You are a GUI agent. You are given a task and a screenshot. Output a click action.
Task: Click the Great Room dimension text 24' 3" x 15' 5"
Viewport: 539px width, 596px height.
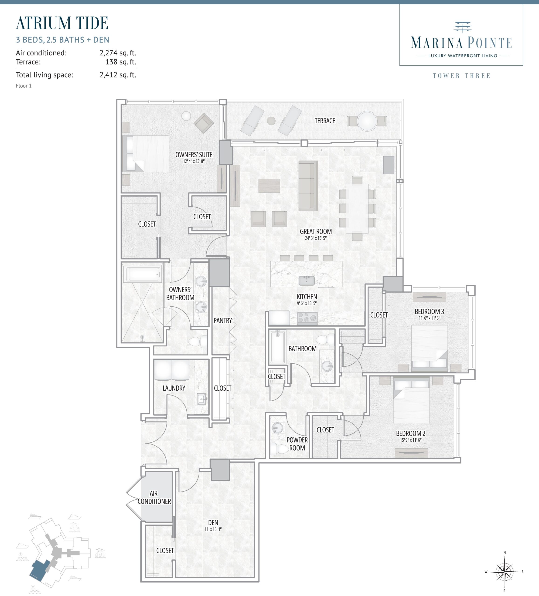click(316, 238)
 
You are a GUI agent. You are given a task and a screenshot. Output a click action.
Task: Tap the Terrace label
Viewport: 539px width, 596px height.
click(325, 121)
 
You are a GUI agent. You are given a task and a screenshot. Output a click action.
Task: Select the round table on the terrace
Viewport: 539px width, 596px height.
click(367, 121)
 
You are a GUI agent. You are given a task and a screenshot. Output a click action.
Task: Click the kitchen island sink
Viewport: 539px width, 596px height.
click(307, 281)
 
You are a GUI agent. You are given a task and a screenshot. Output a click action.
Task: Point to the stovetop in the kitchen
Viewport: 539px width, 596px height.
click(307, 318)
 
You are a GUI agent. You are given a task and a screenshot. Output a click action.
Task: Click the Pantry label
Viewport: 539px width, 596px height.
click(223, 321)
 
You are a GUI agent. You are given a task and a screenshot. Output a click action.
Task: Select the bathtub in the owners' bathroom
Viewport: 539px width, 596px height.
click(143, 274)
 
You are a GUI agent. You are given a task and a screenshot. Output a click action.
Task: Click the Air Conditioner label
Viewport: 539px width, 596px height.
click(154, 497)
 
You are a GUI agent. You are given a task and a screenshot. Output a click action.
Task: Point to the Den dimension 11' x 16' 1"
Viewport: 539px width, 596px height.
click(213, 529)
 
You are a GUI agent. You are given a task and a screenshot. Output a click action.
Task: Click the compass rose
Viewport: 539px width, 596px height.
click(504, 572)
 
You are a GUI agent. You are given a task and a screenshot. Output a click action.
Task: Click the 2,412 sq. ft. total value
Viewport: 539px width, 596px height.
click(118, 75)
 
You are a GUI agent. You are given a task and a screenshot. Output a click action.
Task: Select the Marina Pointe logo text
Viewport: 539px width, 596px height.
click(461, 43)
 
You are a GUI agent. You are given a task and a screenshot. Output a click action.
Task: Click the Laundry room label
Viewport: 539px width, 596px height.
click(174, 388)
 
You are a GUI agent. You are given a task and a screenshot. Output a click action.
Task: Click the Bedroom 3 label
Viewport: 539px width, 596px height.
click(429, 311)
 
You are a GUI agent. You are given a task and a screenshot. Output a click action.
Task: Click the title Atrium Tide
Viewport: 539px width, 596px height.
click(62, 23)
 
